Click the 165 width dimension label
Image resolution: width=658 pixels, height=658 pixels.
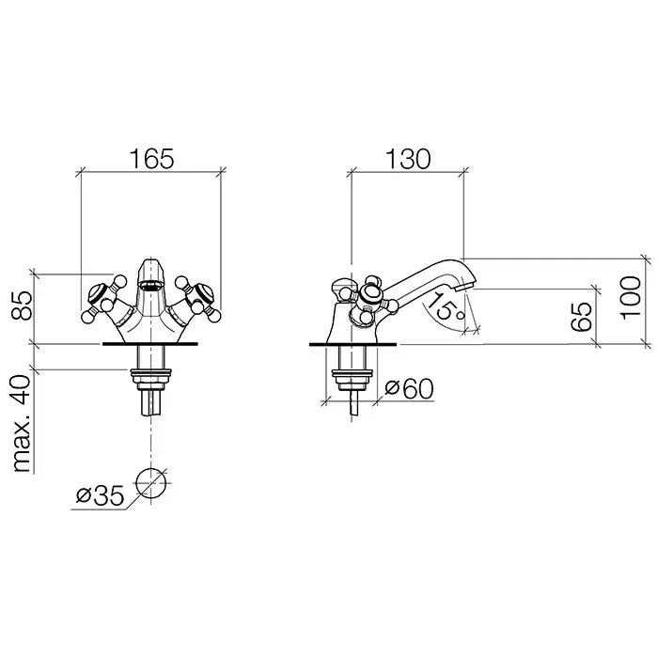point(151,160)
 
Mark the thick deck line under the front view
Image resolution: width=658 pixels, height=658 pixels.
point(150,343)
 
